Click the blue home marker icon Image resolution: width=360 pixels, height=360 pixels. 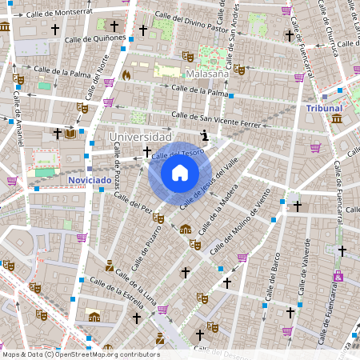(x=179, y=173)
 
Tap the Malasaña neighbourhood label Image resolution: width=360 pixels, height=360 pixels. (x=207, y=74)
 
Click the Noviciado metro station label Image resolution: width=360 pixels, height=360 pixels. (x=90, y=181)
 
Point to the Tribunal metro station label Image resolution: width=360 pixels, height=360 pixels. (x=324, y=108)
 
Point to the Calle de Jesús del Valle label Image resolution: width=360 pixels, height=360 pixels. (x=211, y=181)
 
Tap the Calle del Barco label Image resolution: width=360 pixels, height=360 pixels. (x=273, y=264)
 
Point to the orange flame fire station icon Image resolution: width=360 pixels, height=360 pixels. (x=126, y=74)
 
